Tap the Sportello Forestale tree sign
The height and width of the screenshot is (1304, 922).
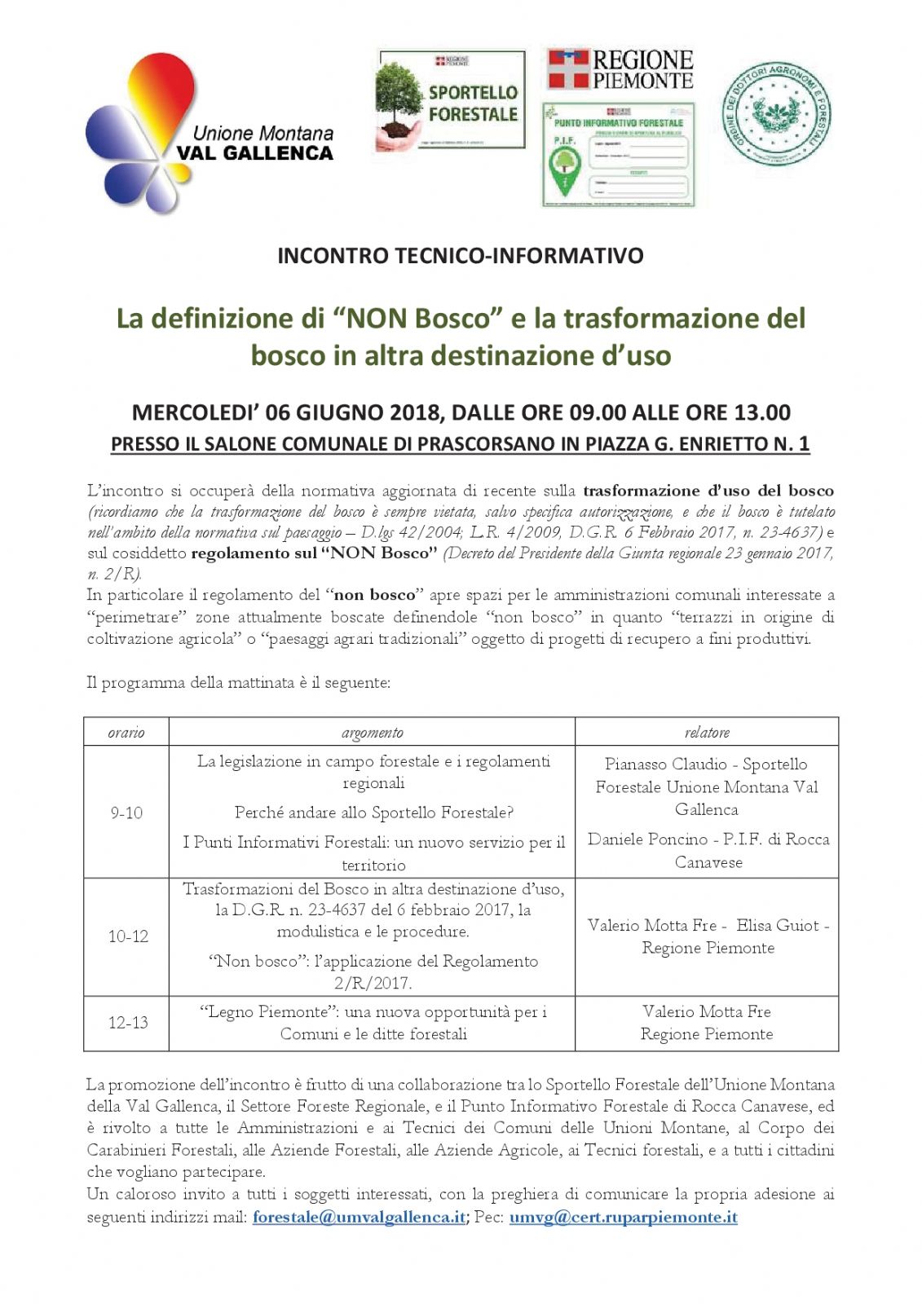[451, 99]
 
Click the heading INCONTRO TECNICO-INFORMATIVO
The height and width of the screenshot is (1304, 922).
[461, 256]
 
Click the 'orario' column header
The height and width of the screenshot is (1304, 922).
[126, 732]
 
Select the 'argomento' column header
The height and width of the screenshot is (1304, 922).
[372, 732]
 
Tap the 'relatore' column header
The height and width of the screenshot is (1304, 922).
[707, 732]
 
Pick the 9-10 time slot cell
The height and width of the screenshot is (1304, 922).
[126, 813]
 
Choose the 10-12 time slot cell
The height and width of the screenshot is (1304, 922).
[128, 936]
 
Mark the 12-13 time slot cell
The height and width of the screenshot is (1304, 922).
[128, 1022]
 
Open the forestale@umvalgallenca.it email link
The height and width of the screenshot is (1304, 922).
[359, 1217]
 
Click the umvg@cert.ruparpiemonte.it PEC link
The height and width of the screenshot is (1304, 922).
[623, 1217]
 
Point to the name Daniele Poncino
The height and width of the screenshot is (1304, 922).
[647, 839]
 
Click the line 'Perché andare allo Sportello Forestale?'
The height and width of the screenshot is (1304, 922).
[373, 813]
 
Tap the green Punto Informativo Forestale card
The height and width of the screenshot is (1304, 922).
[618, 155]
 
